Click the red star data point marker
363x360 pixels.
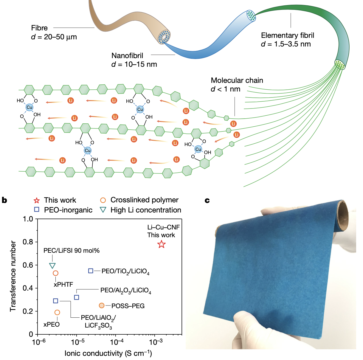161,244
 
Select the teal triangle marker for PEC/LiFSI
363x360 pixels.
52,266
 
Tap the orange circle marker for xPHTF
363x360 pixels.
55,273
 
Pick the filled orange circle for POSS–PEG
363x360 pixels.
102,305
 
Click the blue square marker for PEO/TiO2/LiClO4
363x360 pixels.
91,271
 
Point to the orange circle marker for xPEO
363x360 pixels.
57,312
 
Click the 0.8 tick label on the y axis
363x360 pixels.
28,242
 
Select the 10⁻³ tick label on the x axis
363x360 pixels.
156,342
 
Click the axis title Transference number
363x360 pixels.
13,276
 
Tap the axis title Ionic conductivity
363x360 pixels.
108,353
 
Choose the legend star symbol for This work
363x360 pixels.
37,201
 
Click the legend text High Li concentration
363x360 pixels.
146,210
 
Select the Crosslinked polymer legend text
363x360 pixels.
144,200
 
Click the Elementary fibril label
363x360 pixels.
288,35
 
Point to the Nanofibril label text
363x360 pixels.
127,56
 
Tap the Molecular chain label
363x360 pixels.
237,80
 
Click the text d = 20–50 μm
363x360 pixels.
54,37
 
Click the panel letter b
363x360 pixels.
4,200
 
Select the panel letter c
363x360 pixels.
207,201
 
